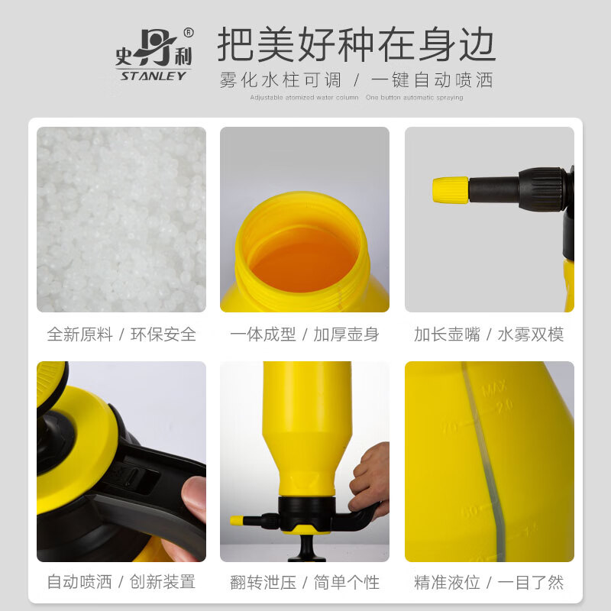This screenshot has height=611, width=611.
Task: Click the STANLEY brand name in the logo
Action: pos(151,75)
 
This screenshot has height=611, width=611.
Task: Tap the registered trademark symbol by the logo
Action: pos(189,33)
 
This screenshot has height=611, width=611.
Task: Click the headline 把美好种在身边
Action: pos(356,45)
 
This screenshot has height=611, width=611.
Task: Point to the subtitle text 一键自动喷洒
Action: pos(432,79)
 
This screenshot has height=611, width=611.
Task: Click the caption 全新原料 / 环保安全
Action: pos(121,335)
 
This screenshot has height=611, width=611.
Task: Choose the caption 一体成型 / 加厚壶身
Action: pos(305,335)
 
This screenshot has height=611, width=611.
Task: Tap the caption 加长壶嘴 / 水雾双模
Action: pos(489,335)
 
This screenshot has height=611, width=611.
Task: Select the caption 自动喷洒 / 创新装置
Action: pos(121,582)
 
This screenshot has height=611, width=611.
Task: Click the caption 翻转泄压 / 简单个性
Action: pos(305,582)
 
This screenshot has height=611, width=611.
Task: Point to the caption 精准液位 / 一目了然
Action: pos(489,582)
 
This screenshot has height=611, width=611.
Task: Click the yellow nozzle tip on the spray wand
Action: pos(451,189)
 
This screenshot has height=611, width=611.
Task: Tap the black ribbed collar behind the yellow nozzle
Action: pos(544,189)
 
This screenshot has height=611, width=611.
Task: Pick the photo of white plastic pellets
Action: pos(121,219)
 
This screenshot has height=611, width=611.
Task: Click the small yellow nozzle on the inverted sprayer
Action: pos(239,520)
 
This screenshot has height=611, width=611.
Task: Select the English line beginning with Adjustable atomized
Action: pos(304,98)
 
